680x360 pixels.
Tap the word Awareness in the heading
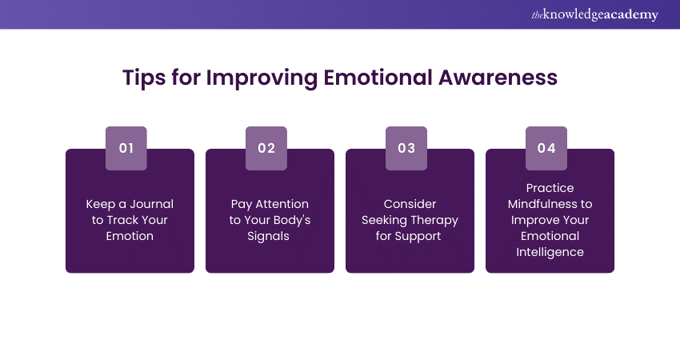coord(497,77)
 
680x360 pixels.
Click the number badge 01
coord(126,148)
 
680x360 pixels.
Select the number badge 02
coord(266,148)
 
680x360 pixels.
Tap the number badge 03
coord(406,148)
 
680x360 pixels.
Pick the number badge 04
coord(546,148)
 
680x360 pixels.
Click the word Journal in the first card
coord(152,204)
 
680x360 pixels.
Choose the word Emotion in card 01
coord(130,236)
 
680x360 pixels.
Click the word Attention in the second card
coord(281,204)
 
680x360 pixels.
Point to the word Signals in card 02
coord(270,236)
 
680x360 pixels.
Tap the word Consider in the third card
coord(410,204)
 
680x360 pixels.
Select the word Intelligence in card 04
coord(550,252)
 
